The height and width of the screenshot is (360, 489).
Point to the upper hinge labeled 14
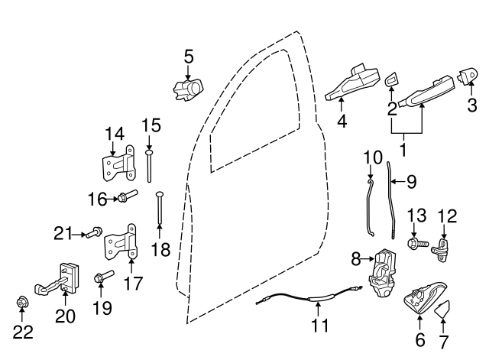[118, 164]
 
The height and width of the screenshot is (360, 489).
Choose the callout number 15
[151, 124]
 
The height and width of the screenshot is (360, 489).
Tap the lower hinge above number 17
[121, 245]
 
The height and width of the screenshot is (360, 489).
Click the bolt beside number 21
[95, 232]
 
